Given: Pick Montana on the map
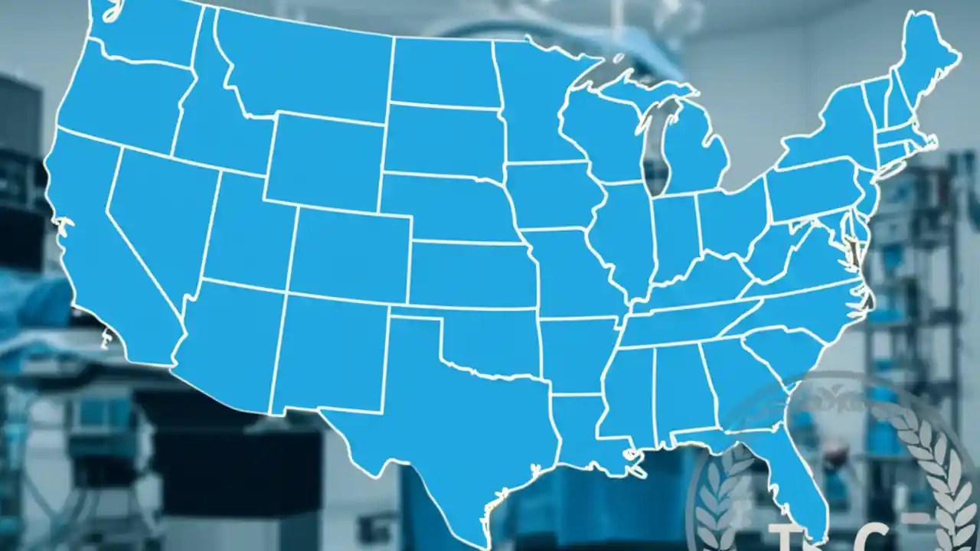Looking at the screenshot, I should [x=306, y=69].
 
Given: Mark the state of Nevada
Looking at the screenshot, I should [x=157, y=222].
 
